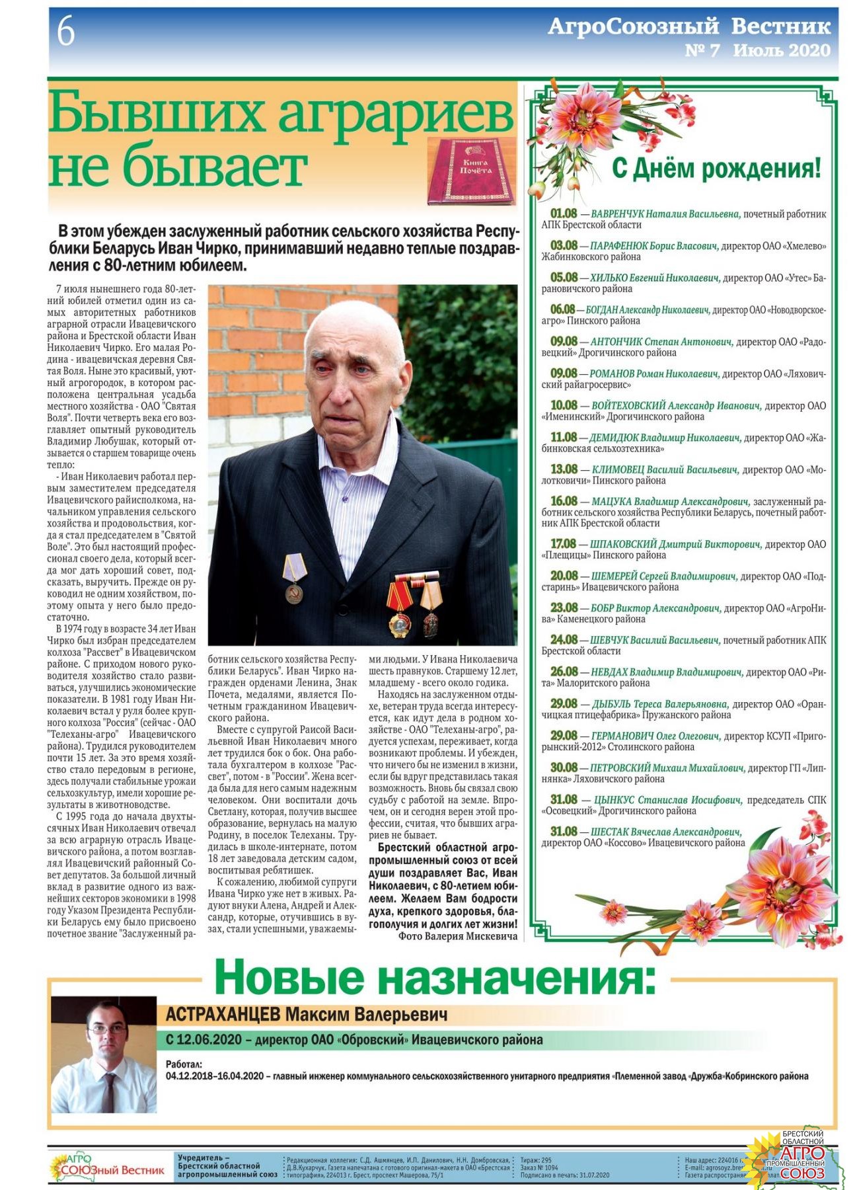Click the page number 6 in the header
(66, 32)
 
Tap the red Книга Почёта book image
(470, 171)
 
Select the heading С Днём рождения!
(716, 169)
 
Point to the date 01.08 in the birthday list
(564, 214)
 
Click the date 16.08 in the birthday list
(564, 501)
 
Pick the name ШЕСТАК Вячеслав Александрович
(666, 832)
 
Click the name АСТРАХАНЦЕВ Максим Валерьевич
(307, 1014)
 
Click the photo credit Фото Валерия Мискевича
(457, 936)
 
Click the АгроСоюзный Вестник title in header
(689, 26)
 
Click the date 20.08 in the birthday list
(564, 576)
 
